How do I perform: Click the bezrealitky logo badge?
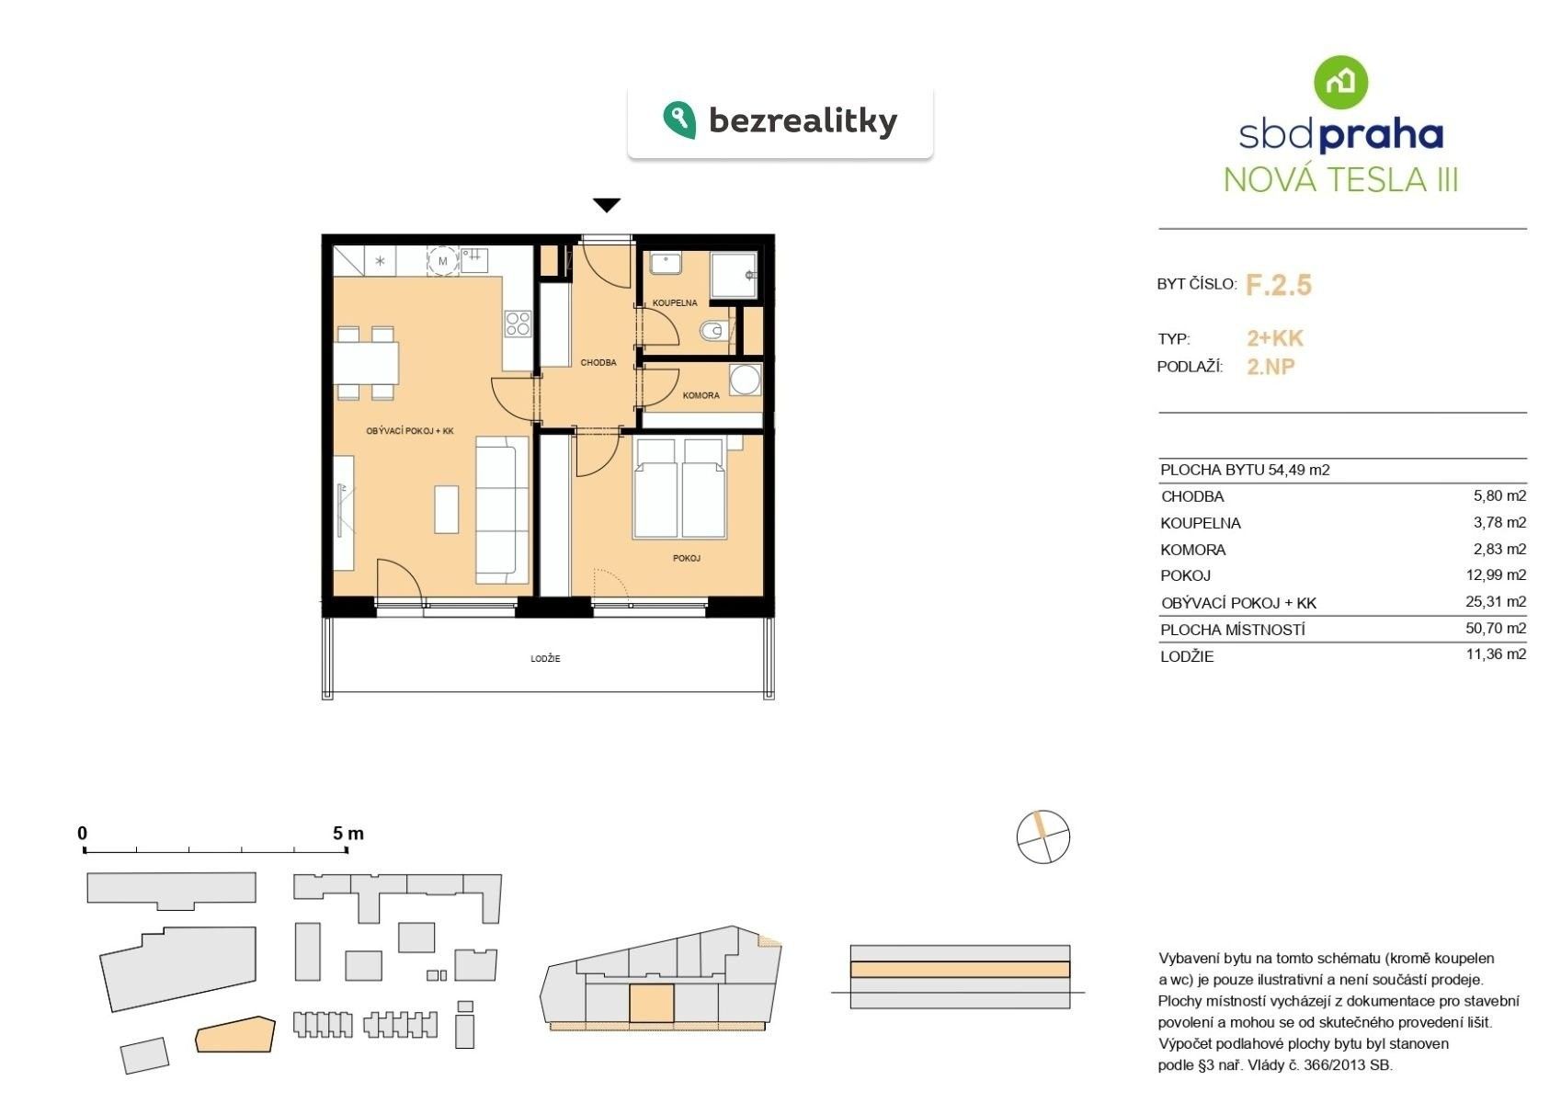[780, 121]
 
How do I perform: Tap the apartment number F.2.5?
[1278, 285]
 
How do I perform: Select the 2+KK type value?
[1274, 338]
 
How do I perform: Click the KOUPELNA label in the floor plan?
[675, 302]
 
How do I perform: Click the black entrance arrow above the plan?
[606, 205]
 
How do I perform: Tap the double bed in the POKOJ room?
[679, 489]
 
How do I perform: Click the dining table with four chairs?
[366, 363]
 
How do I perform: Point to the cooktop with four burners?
[518, 324]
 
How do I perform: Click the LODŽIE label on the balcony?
[545, 659]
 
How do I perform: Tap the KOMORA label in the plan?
[701, 396]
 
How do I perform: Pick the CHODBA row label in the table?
[1192, 496]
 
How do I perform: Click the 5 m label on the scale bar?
[348, 834]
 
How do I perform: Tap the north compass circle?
[1043, 837]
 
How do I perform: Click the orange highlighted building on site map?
[235, 1035]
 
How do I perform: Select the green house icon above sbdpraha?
[1340, 82]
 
